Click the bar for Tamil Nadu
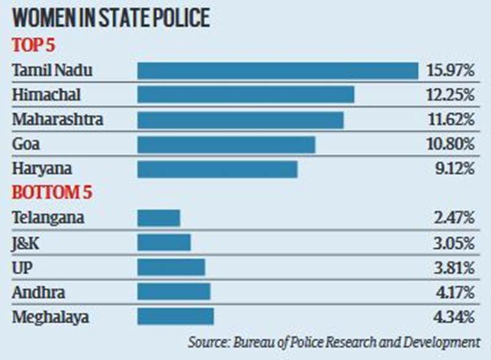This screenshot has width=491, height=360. tap(278, 70)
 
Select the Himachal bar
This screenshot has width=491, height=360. tap(246, 95)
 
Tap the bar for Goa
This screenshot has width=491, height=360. tap(226, 144)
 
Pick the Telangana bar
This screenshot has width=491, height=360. tap(158, 218)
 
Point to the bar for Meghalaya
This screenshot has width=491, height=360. tap(175, 316)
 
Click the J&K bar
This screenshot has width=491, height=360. tap(164, 242)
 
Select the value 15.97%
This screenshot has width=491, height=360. tap(451, 70)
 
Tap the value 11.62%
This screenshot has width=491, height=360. tap(451, 120)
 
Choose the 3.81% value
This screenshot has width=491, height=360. tap(455, 267)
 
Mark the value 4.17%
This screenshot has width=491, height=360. tap(455, 291)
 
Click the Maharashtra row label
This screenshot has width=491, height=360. tap(58, 120)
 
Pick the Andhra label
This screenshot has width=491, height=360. tap(38, 291)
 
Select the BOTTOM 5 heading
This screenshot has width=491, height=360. tap(54, 194)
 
